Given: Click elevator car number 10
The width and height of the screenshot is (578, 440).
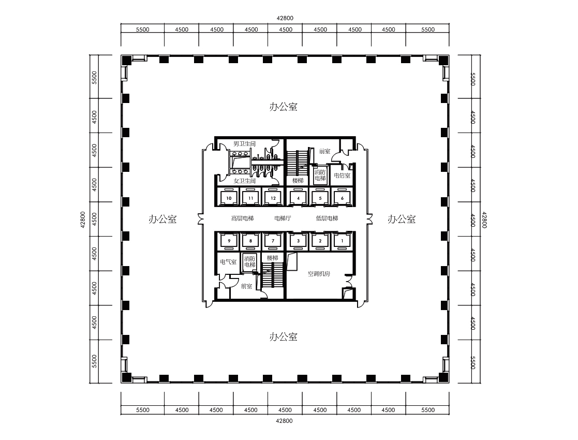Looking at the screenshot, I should pyautogui.click(x=229, y=198).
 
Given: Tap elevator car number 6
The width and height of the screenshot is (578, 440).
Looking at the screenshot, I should pyautogui.click(x=342, y=198).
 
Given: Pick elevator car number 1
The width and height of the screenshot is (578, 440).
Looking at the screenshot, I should pyautogui.click(x=342, y=241).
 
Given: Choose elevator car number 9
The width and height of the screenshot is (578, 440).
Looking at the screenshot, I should pyautogui.click(x=229, y=241).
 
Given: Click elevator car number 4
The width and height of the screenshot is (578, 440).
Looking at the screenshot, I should pyautogui.click(x=298, y=198).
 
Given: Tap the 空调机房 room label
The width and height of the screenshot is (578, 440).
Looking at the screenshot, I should pyautogui.click(x=319, y=274).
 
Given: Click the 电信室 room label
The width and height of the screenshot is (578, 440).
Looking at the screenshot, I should pyautogui.click(x=342, y=175).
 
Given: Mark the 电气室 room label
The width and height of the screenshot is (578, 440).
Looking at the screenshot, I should pyautogui.click(x=228, y=262).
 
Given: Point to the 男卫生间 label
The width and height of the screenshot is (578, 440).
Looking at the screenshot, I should pyautogui.click(x=244, y=143).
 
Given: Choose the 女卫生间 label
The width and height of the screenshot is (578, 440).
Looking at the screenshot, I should pyautogui.click(x=244, y=181).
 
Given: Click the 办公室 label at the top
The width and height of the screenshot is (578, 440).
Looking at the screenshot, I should pyautogui.click(x=284, y=107).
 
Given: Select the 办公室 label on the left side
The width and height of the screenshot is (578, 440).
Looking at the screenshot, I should pyautogui.click(x=162, y=219).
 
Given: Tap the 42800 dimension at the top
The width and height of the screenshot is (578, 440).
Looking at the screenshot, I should pyautogui.click(x=285, y=18).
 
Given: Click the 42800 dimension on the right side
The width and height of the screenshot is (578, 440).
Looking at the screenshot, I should pyautogui.click(x=485, y=219).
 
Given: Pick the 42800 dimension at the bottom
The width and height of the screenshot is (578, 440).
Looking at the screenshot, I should pyautogui.click(x=285, y=421).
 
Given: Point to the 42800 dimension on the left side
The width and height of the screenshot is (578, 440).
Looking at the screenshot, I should pyautogui.click(x=83, y=219).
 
